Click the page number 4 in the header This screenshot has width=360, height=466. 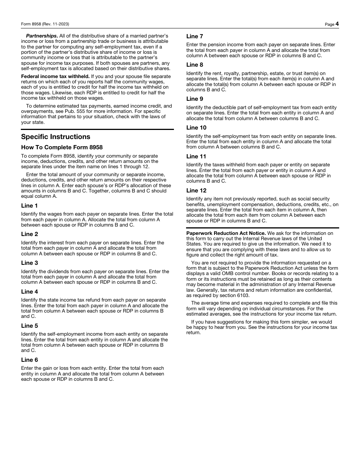(337, 24)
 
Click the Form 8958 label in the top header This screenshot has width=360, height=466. (45, 24)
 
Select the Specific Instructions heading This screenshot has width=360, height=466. (56, 137)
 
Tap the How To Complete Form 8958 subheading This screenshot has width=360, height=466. (62, 147)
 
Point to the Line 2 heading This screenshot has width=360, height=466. (30, 234)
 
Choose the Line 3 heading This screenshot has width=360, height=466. (30, 263)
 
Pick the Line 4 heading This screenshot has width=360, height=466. (30, 292)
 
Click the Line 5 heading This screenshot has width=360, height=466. (30, 326)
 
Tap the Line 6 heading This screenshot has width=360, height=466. (30, 360)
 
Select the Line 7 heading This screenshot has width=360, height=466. (195, 36)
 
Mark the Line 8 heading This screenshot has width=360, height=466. (195, 65)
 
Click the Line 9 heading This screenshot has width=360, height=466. (195, 99)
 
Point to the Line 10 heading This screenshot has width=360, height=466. (196, 128)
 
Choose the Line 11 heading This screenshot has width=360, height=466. (196, 156)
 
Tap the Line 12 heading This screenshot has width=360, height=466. (196, 191)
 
